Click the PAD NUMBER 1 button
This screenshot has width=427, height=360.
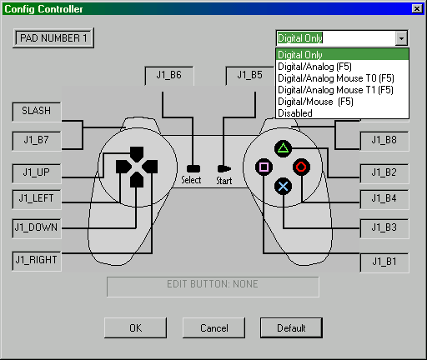[53, 37]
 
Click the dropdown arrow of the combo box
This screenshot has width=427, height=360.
[401, 38]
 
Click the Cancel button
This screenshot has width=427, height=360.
[213, 328]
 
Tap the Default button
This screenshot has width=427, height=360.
[291, 328]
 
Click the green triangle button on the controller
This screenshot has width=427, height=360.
[283, 148]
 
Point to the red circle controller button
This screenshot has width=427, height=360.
[301, 167]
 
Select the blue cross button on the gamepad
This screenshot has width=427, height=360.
[283, 186]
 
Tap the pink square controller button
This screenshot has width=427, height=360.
[264, 167]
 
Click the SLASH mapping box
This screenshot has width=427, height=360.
[37, 112]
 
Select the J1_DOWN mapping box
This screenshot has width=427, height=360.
[37, 228]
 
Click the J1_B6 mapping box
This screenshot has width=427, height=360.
[169, 76]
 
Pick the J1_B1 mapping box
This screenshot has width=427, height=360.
[384, 262]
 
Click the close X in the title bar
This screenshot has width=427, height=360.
[417, 9]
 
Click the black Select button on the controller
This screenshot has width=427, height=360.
[193, 168]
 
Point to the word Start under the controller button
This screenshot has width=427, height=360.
[224, 181]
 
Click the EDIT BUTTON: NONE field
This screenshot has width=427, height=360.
[213, 287]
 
